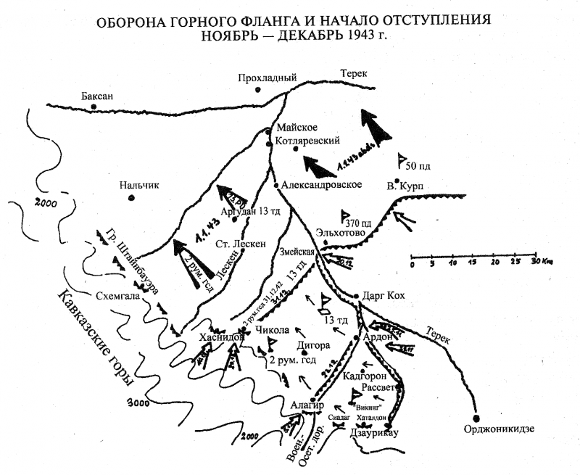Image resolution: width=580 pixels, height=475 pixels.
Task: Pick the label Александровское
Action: point(322,185)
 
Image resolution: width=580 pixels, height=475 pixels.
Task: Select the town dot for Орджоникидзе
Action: point(476,418)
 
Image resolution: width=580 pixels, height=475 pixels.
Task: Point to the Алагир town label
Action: point(304,405)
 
